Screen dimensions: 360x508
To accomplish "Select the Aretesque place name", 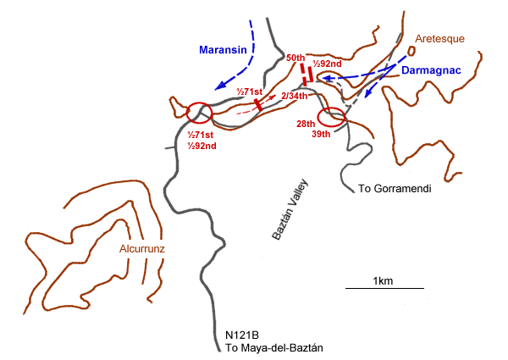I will coord(439,39).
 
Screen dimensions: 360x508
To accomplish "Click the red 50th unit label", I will coord(296,56).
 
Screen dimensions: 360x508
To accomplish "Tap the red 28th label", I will coord(306,124).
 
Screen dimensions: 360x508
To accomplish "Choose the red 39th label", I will coord(320,135).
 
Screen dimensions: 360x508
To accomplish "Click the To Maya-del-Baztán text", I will coord(274,348).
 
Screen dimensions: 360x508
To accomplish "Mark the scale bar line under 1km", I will coord(385,289).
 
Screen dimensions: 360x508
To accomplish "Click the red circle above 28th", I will coord(331,118).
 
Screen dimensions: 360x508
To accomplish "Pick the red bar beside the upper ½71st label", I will coord(257,103).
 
